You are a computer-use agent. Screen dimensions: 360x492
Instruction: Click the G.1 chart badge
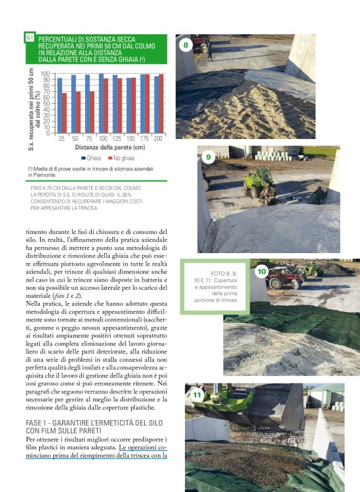click(29, 38)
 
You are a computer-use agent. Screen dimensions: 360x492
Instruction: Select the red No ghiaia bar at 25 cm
click(64, 113)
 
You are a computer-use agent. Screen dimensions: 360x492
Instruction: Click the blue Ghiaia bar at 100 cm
click(101, 104)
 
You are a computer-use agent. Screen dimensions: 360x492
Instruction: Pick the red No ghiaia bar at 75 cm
click(92, 112)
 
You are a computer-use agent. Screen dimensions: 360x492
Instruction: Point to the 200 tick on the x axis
click(158, 138)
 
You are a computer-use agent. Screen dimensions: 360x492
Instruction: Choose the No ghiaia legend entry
click(123, 159)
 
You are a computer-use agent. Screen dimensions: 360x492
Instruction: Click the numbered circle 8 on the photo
click(185, 45)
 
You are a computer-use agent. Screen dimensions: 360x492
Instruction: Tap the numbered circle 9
click(208, 158)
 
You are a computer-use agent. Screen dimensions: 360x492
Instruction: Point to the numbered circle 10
click(261, 271)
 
